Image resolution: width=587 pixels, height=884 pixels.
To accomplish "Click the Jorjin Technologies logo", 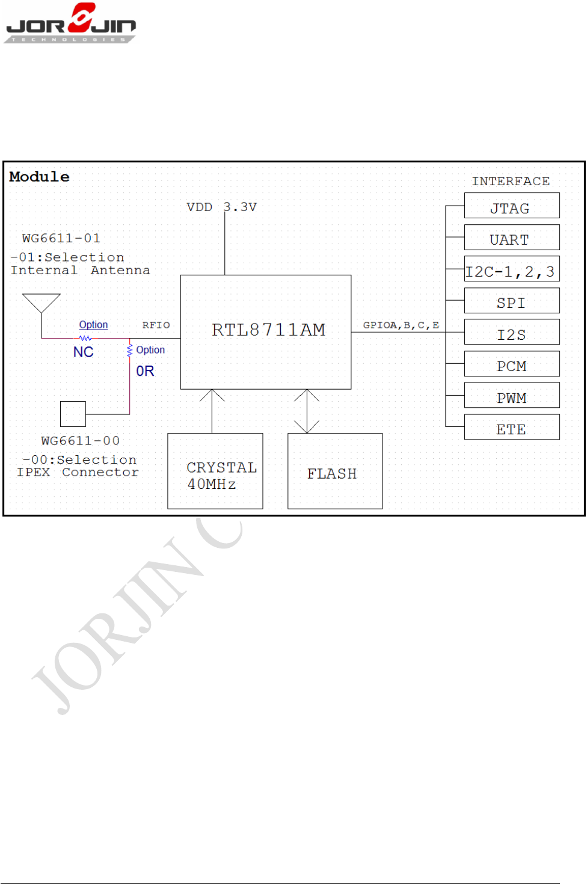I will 70,23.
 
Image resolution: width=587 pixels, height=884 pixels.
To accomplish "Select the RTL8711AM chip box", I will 266,332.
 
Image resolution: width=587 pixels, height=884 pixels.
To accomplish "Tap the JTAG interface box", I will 512,206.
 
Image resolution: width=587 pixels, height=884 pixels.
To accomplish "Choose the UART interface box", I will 512,238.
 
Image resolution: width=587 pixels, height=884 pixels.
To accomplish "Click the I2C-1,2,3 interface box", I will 512,269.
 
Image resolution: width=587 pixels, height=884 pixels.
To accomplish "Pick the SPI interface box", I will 512,301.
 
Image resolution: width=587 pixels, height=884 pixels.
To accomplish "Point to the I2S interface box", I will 512,332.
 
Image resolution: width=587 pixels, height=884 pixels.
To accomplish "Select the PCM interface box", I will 512,364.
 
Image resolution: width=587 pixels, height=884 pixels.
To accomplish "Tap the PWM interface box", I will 512,395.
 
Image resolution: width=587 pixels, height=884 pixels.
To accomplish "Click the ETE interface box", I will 512,427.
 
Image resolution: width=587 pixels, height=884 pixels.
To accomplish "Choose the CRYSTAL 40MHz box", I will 215,471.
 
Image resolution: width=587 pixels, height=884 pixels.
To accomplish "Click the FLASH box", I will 335,471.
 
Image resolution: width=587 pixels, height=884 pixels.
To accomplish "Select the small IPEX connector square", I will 73,414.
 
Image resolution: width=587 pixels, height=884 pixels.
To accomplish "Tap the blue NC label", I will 84,352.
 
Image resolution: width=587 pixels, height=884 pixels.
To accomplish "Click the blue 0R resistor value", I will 145,371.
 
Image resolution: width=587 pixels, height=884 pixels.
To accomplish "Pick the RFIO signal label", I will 156,325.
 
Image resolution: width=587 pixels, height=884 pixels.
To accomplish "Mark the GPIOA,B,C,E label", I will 401,325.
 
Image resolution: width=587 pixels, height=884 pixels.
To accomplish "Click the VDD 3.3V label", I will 221,207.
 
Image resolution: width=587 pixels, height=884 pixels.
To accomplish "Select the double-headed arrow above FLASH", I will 307,411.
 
